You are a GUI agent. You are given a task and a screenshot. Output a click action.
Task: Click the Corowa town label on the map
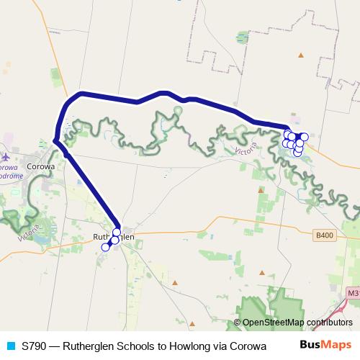(40, 166)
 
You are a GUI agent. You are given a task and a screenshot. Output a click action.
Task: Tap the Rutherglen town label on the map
(114, 237)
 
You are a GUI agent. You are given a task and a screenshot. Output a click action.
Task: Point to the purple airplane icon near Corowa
(6, 156)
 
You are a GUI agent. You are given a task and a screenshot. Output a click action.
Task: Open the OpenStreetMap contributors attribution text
(297, 323)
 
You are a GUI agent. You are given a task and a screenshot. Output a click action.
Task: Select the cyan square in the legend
(10, 346)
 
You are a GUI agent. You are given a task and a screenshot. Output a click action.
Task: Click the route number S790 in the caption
(35, 346)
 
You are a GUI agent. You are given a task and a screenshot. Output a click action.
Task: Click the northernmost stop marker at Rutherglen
(117, 232)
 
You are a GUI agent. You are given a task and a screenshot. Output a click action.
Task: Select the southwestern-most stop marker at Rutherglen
(105, 247)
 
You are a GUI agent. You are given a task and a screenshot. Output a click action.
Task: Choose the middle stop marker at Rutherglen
(114, 240)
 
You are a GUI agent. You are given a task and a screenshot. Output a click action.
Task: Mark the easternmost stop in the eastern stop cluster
(304, 137)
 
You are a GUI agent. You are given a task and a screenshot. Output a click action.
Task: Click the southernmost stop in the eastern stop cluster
(297, 153)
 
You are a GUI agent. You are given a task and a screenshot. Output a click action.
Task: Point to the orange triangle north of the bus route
(302, 55)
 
